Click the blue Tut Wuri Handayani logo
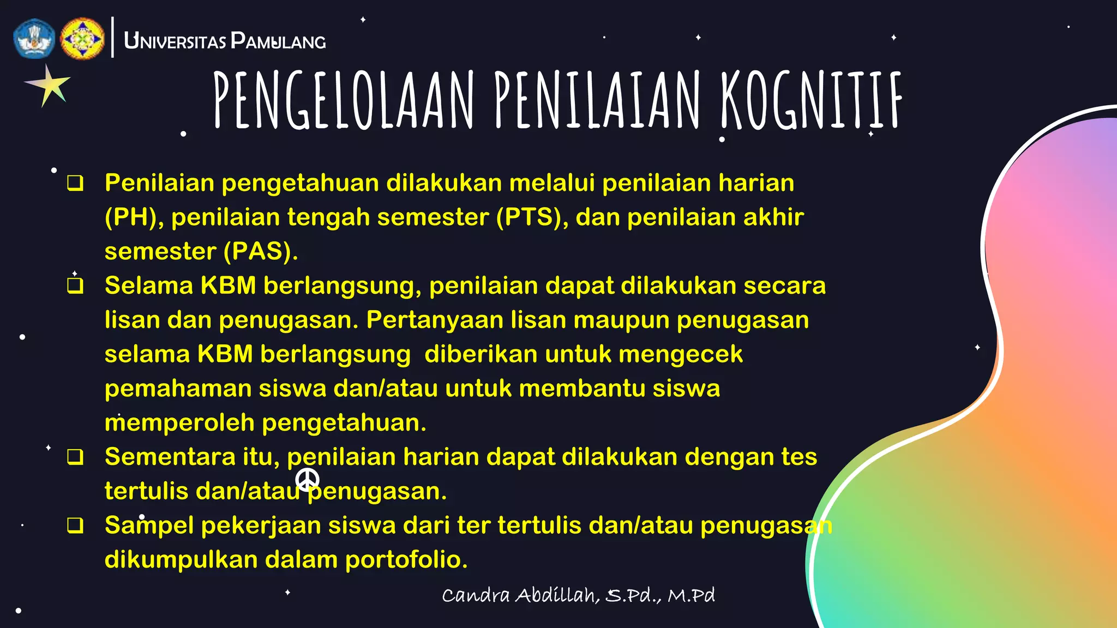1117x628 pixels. click(x=34, y=38)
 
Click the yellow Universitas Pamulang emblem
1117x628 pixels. click(x=82, y=38)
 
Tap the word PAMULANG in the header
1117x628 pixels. click(x=278, y=41)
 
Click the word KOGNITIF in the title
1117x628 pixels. click(x=811, y=101)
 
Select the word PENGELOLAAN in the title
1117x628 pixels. click(x=344, y=101)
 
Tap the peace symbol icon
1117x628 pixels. click(x=307, y=479)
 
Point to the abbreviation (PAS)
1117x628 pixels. click(x=261, y=251)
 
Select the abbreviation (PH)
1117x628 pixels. click(x=134, y=217)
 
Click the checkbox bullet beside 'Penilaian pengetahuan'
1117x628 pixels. click(x=75, y=183)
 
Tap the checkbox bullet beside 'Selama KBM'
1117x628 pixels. click(x=75, y=286)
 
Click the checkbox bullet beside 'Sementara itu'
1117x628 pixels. click(x=75, y=457)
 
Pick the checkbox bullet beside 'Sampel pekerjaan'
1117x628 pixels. click(x=75, y=526)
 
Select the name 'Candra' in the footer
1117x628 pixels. click(x=476, y=595)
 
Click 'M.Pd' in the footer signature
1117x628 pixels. click(x=691, y=595)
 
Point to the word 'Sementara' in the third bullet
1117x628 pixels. click(x=170, y=457)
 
